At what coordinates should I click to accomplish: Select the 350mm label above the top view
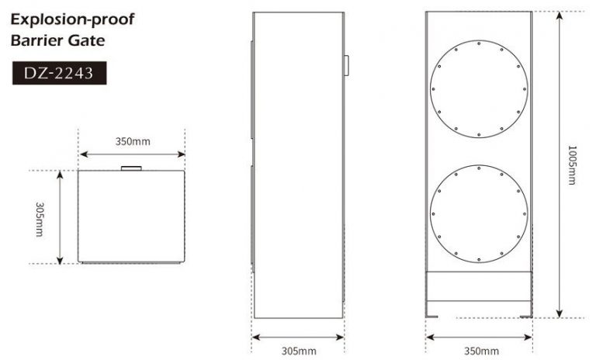pos(133,141)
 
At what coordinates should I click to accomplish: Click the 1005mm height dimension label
pos(572,164)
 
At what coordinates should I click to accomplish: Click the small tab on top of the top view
pos(130,167)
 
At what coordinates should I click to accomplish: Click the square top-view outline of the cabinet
pos(132,216)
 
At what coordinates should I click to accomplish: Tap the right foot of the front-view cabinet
pos(525,315)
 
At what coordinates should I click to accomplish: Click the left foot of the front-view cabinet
pos(432,315)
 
